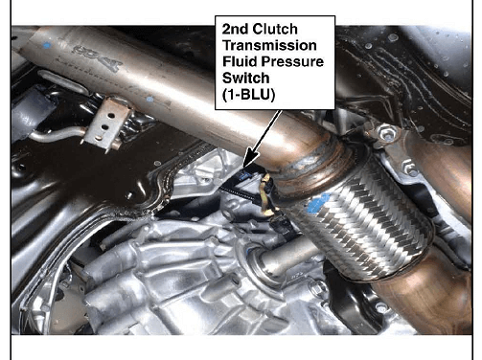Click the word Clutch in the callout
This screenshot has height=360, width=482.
(275, 30)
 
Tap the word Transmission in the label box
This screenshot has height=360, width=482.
(269, 45)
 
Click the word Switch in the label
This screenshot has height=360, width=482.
(245, 78)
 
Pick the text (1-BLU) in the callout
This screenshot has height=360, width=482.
(248, 95)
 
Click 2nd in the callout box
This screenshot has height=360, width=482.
(235, 30)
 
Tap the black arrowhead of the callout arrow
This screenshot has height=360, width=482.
(251, 159)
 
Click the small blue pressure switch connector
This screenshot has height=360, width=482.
(245, 174)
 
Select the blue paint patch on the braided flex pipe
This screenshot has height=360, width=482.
(317, 203)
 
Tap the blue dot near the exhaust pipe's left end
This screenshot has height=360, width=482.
(47, 45)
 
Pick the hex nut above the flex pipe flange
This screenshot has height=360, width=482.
(386, 133)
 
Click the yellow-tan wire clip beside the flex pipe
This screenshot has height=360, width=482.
(267, 194)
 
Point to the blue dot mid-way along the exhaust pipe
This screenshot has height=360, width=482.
(149, 100)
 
